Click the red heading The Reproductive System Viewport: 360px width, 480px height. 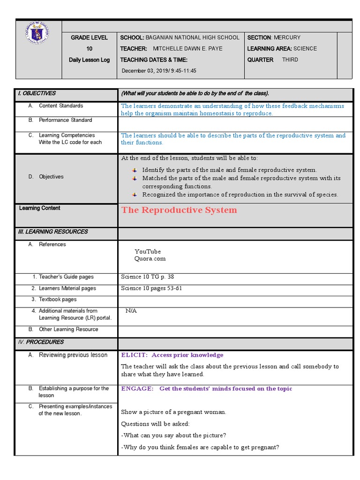(179, 210)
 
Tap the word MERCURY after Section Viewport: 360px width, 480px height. (287, 37)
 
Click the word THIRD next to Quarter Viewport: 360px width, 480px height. (290, 60)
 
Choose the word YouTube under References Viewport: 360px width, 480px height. (148, 252)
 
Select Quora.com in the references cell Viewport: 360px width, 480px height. (150, 259)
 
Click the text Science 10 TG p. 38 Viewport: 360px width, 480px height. (147, 277)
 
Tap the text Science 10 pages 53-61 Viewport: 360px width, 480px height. (151, 288)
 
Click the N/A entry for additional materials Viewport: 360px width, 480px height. (131, 311)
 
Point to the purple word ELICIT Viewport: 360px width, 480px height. (135, 355)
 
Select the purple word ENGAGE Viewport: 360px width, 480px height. (137, 389)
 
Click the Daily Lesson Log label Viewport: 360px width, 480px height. (89, 60)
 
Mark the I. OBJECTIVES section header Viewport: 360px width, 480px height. (37, 94)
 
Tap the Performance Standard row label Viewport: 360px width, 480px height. (65, 120)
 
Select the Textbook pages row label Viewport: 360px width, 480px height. (58, 300)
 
